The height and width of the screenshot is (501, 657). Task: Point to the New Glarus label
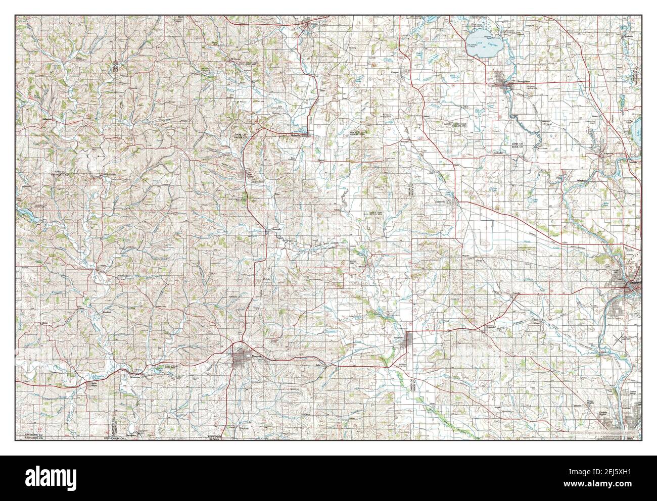click(249, 175)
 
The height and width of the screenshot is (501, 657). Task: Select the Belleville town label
click(296, 134)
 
